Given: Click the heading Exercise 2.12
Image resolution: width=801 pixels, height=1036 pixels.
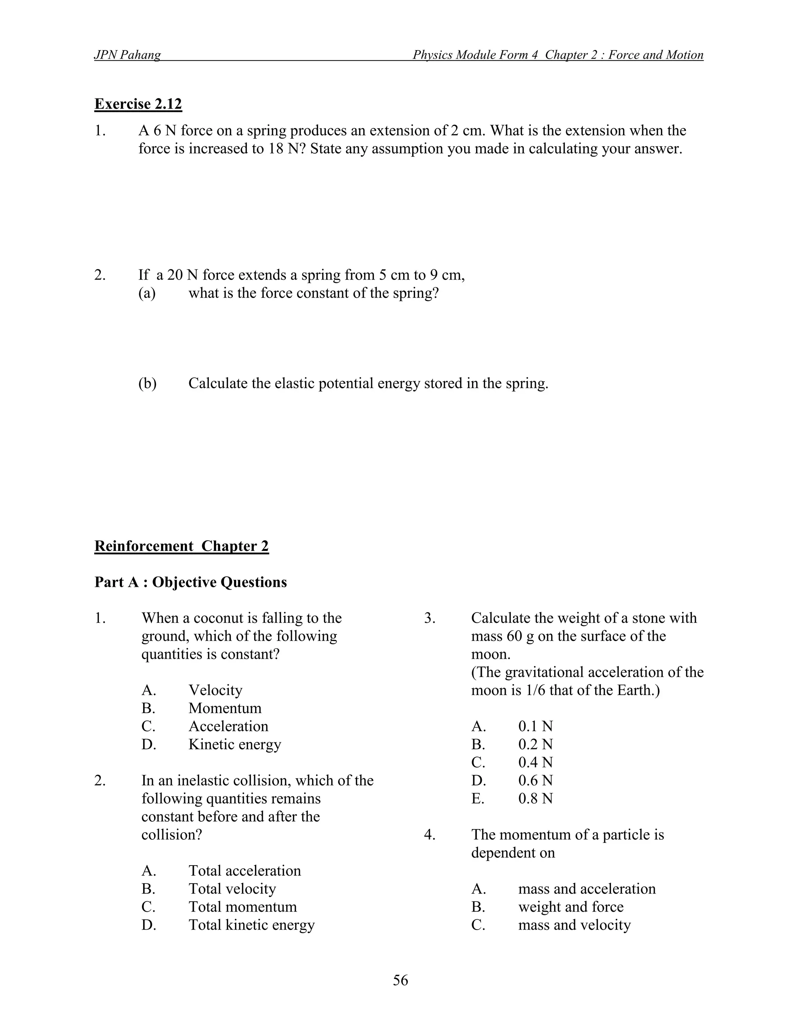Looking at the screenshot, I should point(138,104).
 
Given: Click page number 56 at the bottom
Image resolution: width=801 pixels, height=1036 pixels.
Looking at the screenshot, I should point(400,980).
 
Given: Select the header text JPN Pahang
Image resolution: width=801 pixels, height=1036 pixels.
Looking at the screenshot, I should point(127,55).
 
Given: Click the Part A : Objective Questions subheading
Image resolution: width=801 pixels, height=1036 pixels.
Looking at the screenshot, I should point(190,582).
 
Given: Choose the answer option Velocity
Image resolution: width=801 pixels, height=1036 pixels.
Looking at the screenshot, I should point(215,690).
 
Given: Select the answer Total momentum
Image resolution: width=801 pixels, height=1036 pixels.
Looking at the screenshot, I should point(242,907).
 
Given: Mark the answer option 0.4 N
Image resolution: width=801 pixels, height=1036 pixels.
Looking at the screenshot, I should point(535,762).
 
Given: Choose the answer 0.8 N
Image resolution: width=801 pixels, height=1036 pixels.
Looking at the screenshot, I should point(535,798).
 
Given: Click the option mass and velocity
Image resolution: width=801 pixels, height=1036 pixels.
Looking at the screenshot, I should point(574,925).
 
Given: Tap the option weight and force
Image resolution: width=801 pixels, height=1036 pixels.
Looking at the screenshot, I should point(570,907).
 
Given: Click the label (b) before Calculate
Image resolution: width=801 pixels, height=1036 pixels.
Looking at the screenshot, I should point(147,383).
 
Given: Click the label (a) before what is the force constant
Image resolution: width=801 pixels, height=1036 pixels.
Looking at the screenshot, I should point(147,293).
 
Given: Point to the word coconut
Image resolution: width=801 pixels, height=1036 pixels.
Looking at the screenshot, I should point(219,618).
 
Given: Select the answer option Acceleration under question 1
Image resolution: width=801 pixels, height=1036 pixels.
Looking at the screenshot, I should point(228,726).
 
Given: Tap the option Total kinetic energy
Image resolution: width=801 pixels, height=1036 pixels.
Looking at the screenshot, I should point(251,925).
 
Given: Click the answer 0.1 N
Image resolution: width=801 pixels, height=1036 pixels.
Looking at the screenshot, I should point(535,726).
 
